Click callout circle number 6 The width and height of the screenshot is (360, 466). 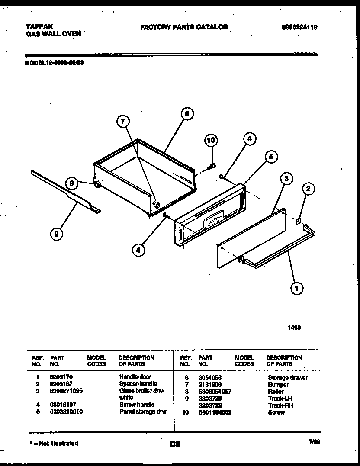point(186,114)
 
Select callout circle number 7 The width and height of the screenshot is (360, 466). point(123,122)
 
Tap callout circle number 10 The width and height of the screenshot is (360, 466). point(211,140)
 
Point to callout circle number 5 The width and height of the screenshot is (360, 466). point(271,157)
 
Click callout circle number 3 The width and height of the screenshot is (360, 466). point(286,178)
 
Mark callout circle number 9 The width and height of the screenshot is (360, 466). point(56,234)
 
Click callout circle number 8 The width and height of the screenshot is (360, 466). point(73,183)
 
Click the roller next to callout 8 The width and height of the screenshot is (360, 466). point(97,185)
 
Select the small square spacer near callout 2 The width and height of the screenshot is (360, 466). point(298,222)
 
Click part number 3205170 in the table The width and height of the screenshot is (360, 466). point(59,377)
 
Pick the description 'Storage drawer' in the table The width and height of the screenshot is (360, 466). point(288,378)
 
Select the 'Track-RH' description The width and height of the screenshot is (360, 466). point(280,405)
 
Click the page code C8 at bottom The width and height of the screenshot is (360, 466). point(175,444)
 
